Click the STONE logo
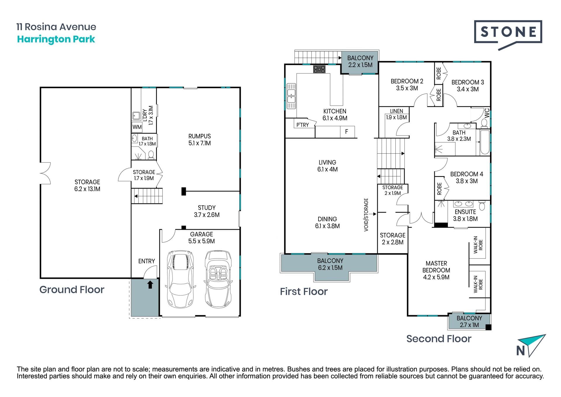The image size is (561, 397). pos(508,35)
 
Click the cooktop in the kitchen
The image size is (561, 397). pos(319,69)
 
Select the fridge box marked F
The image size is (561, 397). pos(347,132)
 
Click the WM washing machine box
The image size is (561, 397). pos(137,127)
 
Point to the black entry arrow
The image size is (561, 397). pos(150,284)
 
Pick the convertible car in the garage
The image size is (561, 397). pos(218,279)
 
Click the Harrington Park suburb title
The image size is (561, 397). pos(56,39)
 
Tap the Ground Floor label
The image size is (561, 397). pos(72,290)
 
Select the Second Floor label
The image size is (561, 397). pos(439,339)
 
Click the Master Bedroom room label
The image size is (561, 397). pos(436,270)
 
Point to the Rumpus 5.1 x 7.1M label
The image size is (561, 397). pos(200,140)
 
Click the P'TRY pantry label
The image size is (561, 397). pos(302,125)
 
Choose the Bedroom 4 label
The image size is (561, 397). pos(467,177)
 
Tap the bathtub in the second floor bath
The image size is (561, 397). pos(485,142)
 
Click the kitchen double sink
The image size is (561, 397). pos(291,96)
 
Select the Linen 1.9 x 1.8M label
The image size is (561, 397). pos(396,114)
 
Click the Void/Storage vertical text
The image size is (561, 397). pos(366,215)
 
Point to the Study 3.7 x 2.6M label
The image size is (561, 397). pos(207,211)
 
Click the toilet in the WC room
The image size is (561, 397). pos(484,123)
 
